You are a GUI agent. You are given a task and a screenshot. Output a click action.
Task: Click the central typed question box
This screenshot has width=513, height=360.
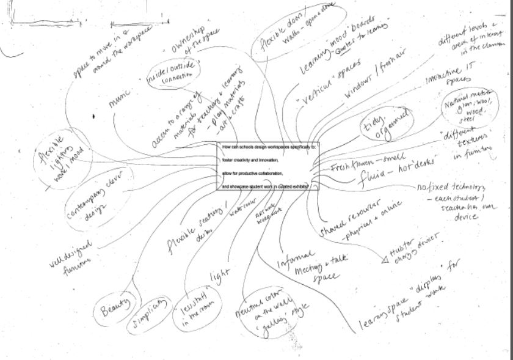[x=267, y=166]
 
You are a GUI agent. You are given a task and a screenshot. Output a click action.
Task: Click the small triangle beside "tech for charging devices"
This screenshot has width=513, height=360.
[x=385, y=260]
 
